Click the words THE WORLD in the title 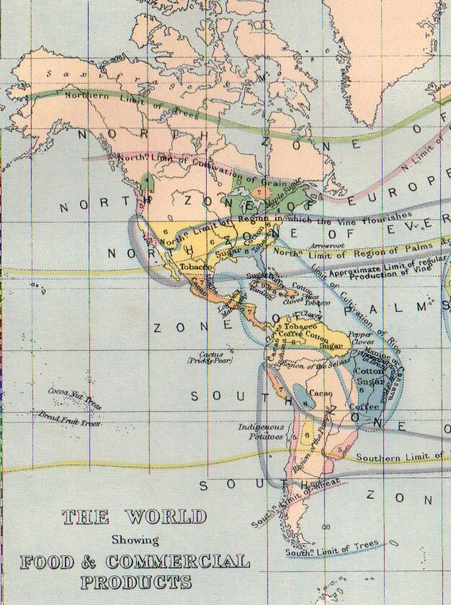point(134,516)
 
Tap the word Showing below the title point(135,539)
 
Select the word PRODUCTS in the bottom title point(136,581)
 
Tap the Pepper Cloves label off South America point(360,339)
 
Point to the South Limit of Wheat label point(286,506)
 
